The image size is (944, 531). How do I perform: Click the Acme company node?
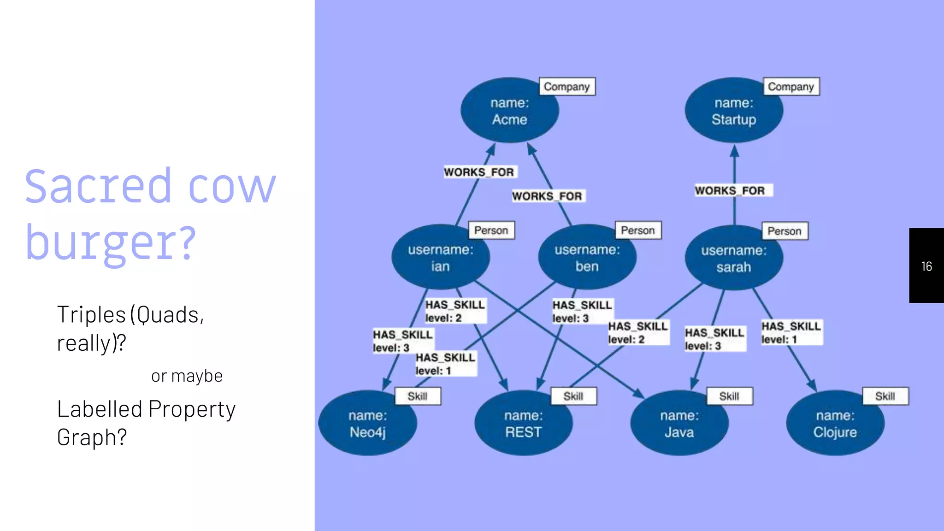coord(509,111)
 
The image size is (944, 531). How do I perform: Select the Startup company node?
coord(733,111)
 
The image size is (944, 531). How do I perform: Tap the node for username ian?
coord(440,258)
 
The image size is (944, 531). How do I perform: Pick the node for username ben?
coord(587,258)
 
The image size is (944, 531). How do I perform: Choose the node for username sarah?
coord(733,258)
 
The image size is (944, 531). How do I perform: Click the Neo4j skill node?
coord(367,424)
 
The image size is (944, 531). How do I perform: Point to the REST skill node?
coord(523,424)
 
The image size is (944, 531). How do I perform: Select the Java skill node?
coord(679,424)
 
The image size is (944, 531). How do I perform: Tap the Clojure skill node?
coord(835,424)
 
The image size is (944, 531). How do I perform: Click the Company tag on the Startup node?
coord(791,87)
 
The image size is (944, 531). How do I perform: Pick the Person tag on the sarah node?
coord(784,231)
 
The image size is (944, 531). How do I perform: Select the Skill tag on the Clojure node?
coord(885,396)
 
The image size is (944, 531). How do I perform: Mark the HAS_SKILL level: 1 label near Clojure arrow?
coord(791,332)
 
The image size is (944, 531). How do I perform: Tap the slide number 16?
coord(926,266)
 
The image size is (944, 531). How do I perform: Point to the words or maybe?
coord(187,376)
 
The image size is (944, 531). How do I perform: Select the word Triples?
coord(91,315)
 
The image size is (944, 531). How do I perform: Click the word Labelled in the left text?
coord(100,409)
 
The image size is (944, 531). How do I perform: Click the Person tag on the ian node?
coord(491,230)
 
